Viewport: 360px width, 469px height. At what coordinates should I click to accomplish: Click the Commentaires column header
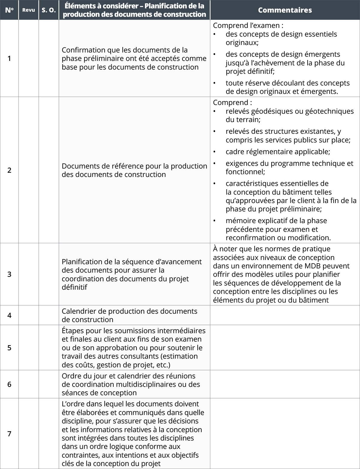click(285, 10)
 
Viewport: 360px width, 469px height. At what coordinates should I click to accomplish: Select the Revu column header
click(28, 10)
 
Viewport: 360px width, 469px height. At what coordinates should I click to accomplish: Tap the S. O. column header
click(49, 10)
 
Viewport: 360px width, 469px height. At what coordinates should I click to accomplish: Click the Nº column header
click(9, 10)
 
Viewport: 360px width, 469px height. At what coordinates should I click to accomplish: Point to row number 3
click(9, 274)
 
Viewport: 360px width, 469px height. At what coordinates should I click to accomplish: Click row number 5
click(9, 348)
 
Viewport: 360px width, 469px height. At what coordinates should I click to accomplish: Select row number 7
click(9, 434)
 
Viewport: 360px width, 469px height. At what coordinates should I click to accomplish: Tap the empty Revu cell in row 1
click(28, 58)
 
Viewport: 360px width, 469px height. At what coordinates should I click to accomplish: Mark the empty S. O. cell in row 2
click(49, 170)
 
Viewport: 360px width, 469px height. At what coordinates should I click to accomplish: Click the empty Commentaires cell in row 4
click(285, 315)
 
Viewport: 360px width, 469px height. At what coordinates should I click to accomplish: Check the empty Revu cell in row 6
click(28, 384)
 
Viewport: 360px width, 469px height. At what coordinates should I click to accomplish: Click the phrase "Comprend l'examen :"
click(248, 26)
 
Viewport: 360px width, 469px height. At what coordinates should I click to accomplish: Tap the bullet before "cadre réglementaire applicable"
click(214, 152)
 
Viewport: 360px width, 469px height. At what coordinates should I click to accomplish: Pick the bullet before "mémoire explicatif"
click(214, 221)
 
